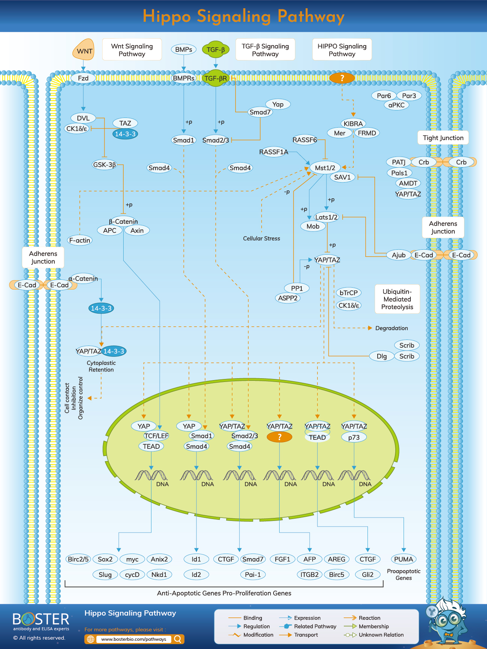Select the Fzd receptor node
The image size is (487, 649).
click(83, 78)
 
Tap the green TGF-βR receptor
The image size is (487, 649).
click(216, 78)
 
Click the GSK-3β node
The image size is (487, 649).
click(104, 165)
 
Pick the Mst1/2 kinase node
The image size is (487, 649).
click(325, 168)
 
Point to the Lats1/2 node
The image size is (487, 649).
click(326, 217)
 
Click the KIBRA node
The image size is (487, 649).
click(353, 124)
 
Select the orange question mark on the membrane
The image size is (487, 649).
click(342, 78)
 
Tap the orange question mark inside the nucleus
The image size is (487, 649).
click(279, 437)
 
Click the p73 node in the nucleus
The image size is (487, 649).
click(354, 437)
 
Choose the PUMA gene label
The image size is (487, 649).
click(404, 559)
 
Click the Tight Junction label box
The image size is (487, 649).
click(443, 138)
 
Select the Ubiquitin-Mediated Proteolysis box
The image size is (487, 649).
click(397, 299)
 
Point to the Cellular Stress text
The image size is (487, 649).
click(262, 238)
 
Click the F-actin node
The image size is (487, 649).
click(80, 240)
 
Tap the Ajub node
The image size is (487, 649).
click(398, 255)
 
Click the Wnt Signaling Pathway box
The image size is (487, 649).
click(132, 50)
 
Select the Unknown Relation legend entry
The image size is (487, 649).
click(381, 635)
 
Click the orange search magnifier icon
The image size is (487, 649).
click(178, 639)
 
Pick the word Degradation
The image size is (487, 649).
click(391, 328)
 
